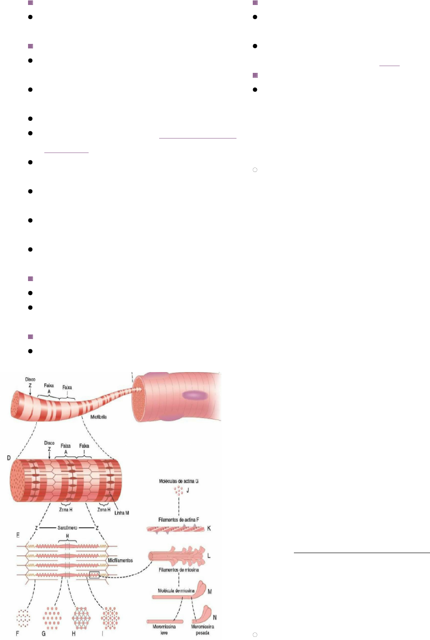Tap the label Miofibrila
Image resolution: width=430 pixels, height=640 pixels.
99,417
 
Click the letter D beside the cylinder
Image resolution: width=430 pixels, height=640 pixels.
9,458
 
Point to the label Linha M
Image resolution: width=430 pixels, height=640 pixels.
122,513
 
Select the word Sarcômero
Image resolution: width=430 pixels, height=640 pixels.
67,528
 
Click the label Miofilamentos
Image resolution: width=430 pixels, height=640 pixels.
120,560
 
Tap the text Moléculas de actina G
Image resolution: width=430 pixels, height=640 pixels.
179,481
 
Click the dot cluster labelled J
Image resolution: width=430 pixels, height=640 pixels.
179,490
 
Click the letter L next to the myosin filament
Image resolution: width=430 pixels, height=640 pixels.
209,555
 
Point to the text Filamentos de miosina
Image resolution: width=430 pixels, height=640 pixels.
179,570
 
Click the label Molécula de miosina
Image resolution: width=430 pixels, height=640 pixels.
176,591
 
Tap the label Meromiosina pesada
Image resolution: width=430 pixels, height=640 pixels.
202,630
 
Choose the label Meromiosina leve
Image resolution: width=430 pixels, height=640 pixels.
164,630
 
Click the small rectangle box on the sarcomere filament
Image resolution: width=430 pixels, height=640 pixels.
94,575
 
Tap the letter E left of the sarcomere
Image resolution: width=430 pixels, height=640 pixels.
18,535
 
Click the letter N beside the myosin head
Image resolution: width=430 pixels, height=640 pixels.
215,617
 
